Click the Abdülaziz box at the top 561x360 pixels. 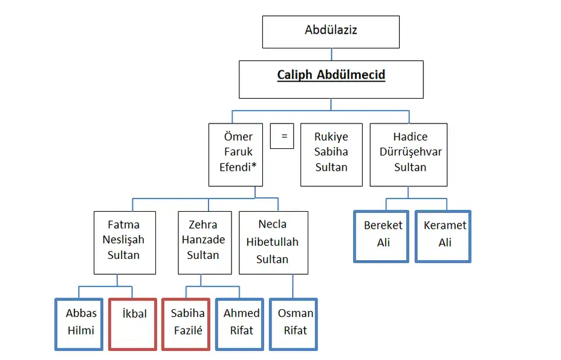point(331,31)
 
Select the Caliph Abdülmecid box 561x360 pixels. point(331,79)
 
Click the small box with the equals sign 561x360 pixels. point(282,136)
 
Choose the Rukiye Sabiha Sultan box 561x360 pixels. point(331,154)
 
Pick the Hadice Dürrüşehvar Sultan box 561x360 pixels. point(409,154)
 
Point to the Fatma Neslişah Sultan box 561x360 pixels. point(125,242)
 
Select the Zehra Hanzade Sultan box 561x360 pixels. point(203,242)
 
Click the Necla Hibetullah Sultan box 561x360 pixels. point(273,242)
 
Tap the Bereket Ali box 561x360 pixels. point(381,236)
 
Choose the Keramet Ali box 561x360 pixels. point(443,236)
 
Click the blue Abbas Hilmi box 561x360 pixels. point(79,324)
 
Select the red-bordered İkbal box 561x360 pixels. point(132,324)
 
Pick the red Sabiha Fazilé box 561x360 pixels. point(186,324)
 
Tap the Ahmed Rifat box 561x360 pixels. point(240,324)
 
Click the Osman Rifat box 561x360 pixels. point(293,324)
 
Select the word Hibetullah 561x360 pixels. point(273,242)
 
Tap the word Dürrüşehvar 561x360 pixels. point(410,152)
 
